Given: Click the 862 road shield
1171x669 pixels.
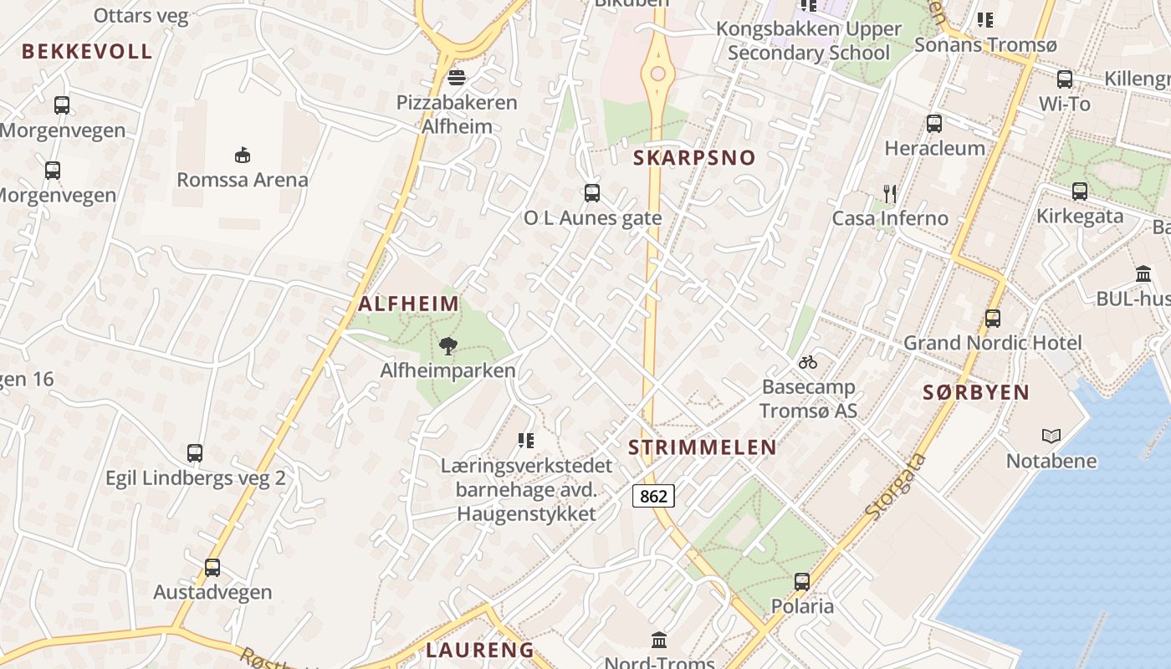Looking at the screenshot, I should pyautogui.click(x=653, y=496).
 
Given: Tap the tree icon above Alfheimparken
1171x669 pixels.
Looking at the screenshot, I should pyautogui.click(x=448, y=345).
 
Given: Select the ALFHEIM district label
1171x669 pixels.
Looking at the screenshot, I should pyautogui.click(x=409, y=304).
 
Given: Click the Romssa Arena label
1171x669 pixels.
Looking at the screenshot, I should pyautogui.click(x=243, y=179).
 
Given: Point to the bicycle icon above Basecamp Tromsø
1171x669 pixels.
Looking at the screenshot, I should pyautogui.click(x=807, y=363).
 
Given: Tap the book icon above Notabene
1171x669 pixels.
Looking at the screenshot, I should pyautogui.click(x=1051, y=436).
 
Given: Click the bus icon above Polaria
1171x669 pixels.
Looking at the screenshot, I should pyautogui.click(x=802, y=581).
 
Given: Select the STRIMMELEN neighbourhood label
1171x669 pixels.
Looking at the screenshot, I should pyautogui.click(x=703, y=447).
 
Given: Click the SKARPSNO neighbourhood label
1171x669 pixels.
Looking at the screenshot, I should pyautogui.click(x=694, y=157).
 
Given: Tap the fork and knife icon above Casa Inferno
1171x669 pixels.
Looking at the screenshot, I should pyautogui.click(x=890, y=194).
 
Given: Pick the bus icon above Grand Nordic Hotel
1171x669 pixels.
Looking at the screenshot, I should pyautogui.click(x=993, y=319).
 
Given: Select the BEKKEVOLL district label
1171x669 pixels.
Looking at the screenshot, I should pyautogui.click(x=87, y=51).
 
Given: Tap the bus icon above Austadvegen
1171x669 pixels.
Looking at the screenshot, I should pyautogui.click(x=212, y=568).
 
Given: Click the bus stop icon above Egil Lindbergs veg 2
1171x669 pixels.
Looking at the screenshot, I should pyautogui.click(x=195, y=453).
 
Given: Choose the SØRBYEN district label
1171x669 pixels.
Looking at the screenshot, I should pyautogui.click(x=976, y=392).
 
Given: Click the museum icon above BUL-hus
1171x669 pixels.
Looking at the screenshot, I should pyautogui.click(x=1143, y=273).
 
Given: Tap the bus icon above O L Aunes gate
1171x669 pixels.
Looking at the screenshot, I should pyautogui.click(x=592, y=193).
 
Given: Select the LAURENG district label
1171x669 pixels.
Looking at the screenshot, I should pyautogui.click(x=480, y=650).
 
